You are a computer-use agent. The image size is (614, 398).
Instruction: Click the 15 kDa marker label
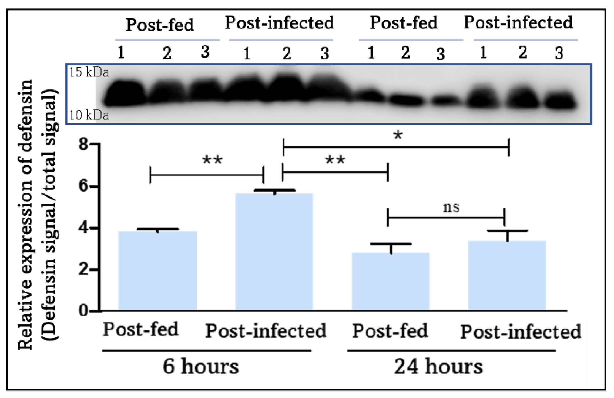click(89, 72)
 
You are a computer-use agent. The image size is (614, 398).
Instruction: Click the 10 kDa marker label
click(89, 115)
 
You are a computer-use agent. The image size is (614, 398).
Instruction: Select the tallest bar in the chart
click(274, 251)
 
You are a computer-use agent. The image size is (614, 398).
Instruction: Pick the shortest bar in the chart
click(390, 281)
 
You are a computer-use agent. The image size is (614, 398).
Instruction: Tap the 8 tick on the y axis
click(84, 144)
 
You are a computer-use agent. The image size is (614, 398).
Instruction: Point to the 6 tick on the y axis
click(84, 186)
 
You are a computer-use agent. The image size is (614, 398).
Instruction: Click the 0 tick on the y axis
click(84, 311)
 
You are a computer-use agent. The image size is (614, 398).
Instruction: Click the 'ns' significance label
click(451, 208)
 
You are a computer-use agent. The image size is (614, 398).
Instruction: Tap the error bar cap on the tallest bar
click(274, 190)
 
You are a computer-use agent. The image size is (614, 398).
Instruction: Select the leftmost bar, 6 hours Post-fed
click(157, 270)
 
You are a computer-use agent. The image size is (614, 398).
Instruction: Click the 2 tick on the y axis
click(84, 270)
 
